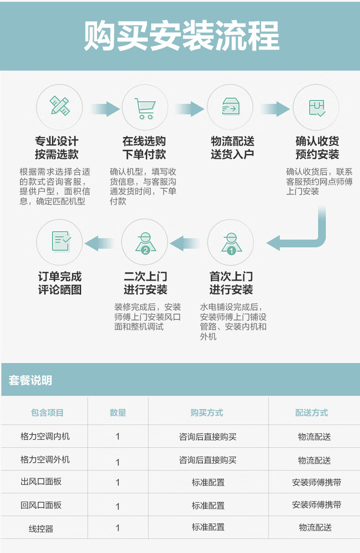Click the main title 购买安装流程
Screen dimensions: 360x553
click(182, 36)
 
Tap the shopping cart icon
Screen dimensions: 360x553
click(145, 108)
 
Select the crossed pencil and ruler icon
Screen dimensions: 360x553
click(60, 106)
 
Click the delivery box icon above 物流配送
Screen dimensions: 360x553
click(231, 106)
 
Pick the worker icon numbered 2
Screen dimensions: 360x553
click(145, 243)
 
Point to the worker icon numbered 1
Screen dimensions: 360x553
click(231, 244)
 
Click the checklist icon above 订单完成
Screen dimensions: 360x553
click(61, 241)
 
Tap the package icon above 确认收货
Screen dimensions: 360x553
click(317, 108)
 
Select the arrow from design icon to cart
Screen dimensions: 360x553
click(105, 108)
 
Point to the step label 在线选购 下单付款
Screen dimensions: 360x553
click(144, 148)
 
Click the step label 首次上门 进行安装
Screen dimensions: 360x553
click(231, 283)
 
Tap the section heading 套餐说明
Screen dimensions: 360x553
click(31, 380)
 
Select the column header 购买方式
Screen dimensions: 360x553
click(207, 413)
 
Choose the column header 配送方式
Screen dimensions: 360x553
click(312, 413)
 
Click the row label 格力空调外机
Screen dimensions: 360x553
click(45, 460)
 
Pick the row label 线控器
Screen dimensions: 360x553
click(41, 529)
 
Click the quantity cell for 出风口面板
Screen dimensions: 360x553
click(118, 482)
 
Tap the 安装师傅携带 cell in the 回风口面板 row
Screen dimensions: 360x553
click(317, 505)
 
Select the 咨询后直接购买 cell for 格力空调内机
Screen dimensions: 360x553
click(208, 437)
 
